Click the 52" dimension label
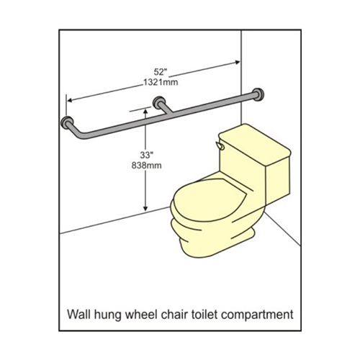(x=160, y=72)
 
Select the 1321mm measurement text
(x=161, y=82)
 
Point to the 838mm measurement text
(x=146, y=166)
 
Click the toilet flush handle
(x=219, y=145)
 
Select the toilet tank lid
(x=255, y=144)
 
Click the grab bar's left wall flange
(x=67, y=122)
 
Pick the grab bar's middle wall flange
(x=158, y=102)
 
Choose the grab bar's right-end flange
(x=258, y=94)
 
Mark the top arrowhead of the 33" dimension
(x=145, y=111)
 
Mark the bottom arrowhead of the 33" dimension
(x=145, y=210)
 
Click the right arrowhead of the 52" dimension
(x=238, y=62)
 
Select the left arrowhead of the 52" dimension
(x=70, y=100)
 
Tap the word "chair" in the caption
(x=173, y=314)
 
